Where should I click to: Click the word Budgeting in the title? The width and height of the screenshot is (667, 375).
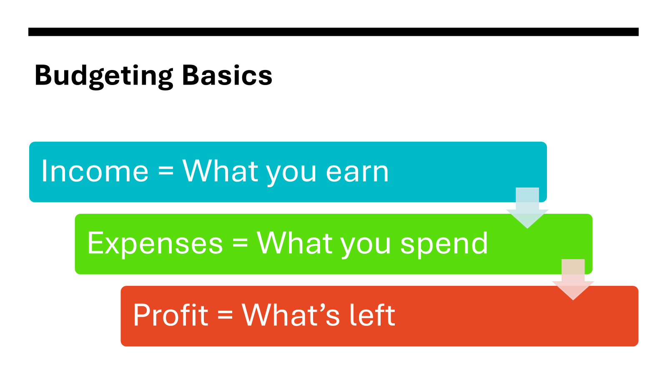tap(104, 76)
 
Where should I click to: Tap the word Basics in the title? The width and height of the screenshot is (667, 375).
tap(227, 75)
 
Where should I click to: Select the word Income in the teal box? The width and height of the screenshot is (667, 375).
tap(95, 171)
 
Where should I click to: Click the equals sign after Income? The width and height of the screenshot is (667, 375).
tap(166, 172)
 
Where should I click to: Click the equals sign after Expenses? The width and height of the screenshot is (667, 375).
tap(240, 244)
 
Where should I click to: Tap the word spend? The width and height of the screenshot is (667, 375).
tap(444, 244)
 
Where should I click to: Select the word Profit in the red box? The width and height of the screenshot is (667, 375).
tap(171, 315)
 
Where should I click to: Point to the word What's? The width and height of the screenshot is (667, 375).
tap(291, 315)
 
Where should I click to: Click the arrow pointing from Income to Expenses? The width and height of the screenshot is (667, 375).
tap(527, 208)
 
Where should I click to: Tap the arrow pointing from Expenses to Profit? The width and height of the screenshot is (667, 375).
tap(573, 280)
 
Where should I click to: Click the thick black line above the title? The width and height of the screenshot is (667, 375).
tap(333, 32)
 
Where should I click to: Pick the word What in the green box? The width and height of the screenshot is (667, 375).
tap(294, 243)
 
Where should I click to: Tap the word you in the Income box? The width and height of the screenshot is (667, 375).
tap(291, 175)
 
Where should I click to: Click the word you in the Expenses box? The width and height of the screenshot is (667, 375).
tap(366, 247)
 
